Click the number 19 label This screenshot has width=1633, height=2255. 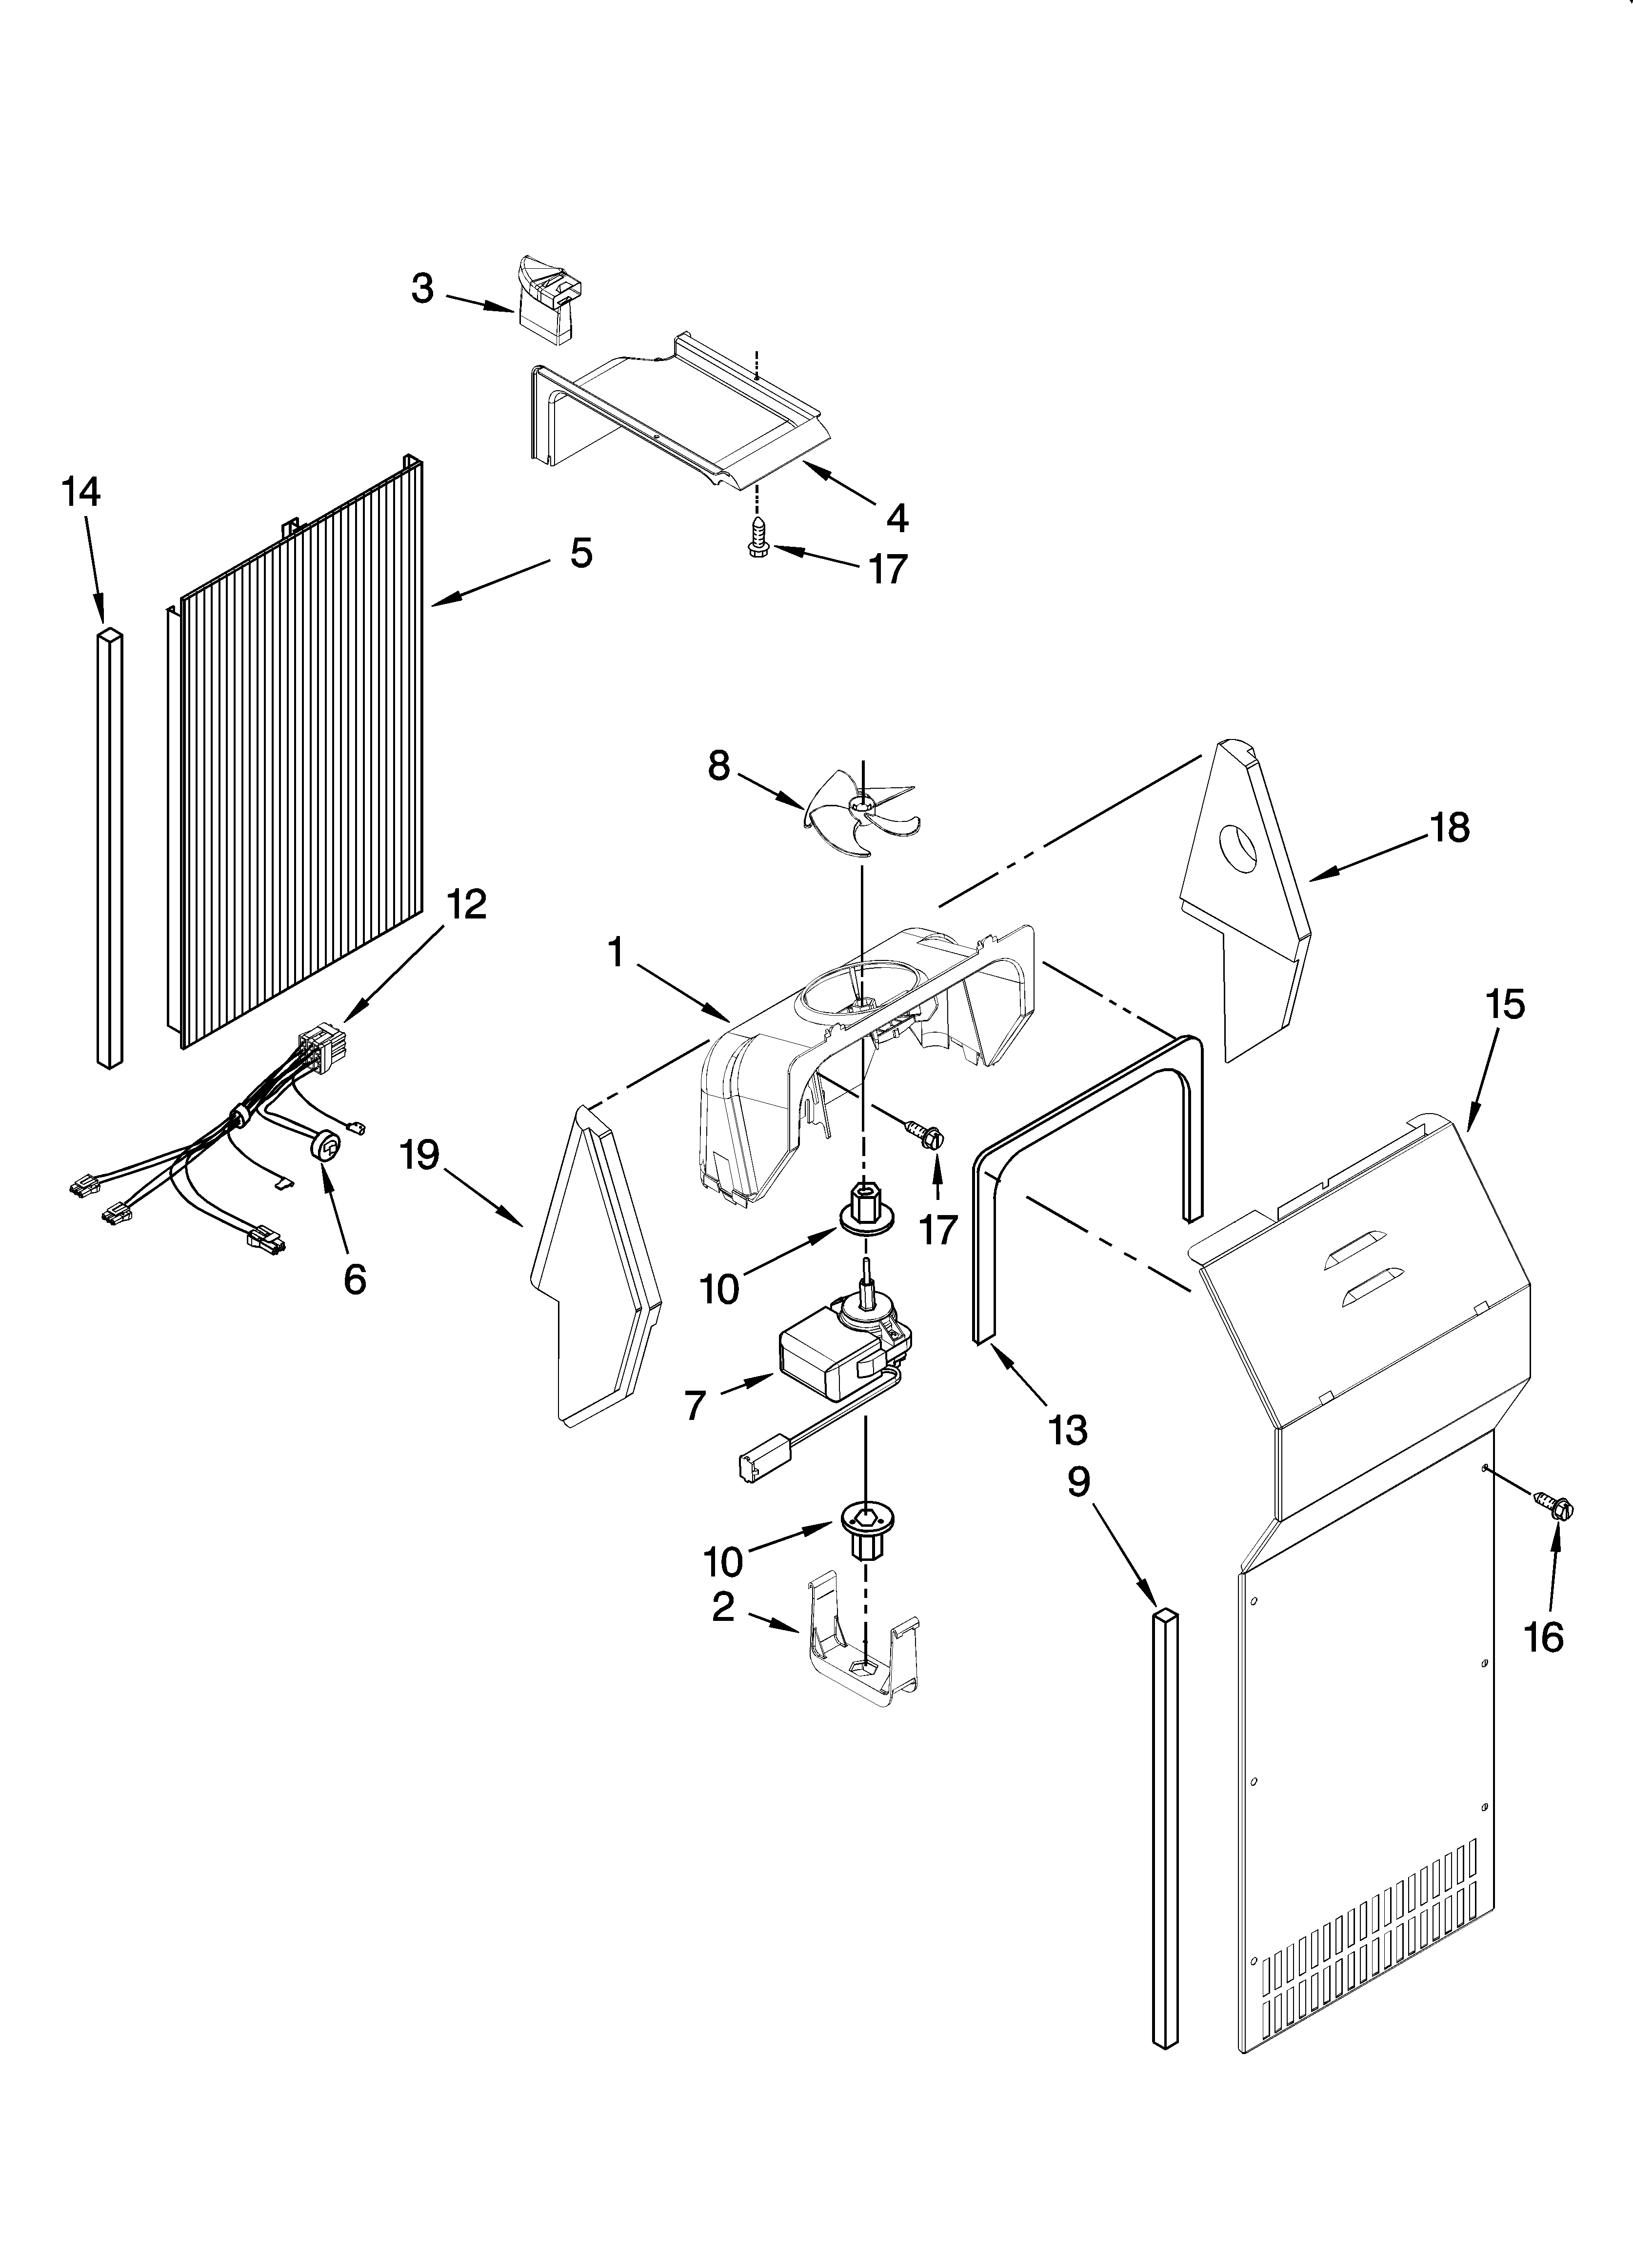click(420, 1156)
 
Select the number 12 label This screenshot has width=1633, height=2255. click(466, 904)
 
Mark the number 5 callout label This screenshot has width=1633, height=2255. click(581, 553)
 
